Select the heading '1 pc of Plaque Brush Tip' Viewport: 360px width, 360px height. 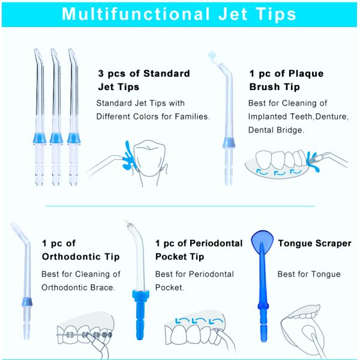point(286,80)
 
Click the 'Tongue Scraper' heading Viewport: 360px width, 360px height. point(314,243)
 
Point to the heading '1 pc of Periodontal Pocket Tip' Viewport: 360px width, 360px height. point(199,250)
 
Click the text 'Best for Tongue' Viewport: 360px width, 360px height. point(308,274)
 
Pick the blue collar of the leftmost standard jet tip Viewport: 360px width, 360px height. point(40,139)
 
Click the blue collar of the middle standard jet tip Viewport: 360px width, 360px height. point(57,139)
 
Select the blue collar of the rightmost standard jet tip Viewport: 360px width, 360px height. point(75,139)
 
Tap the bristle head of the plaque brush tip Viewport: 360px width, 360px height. point(213,58)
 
